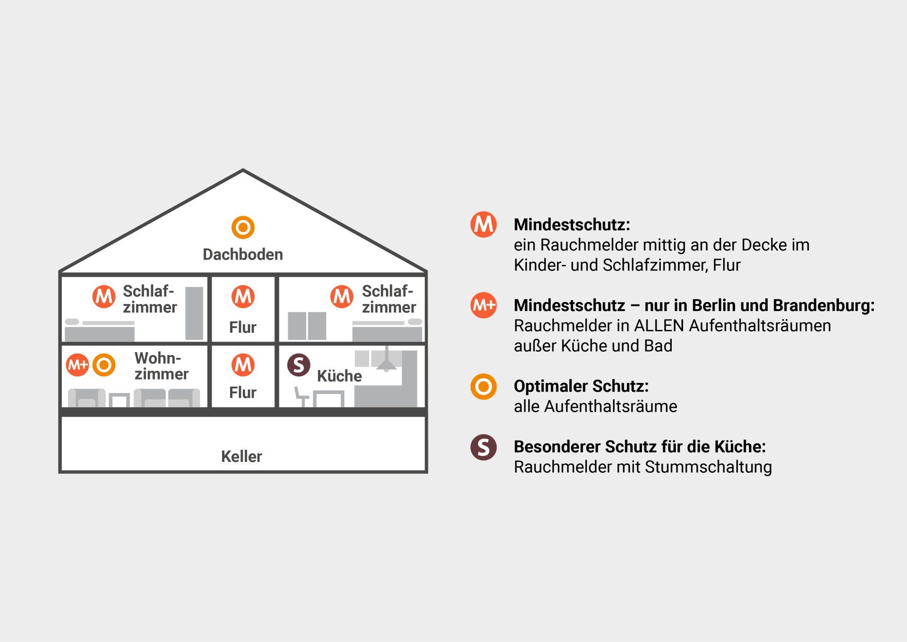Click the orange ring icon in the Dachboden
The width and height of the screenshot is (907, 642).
click(243, 227)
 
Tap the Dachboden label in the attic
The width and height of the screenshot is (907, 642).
click(243, 254)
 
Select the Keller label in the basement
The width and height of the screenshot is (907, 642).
click(241, 456)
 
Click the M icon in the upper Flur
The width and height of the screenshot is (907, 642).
click(243, 296)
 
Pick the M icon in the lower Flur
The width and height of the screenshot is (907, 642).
click(243, 364)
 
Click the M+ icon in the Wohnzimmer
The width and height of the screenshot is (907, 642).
click(77, 365)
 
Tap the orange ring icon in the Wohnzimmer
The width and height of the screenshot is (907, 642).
click(104, 365)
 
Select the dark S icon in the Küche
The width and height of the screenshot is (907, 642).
click(299, 365)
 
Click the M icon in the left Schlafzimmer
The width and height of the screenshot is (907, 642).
click(104, 296)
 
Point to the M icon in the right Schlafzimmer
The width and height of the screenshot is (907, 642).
click(342, 296)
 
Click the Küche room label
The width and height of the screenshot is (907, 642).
click(339, 376)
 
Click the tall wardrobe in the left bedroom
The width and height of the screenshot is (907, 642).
click(194, 313)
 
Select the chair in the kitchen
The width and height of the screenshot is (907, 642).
click(301, 397)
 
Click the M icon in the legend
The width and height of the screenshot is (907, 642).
click(483, 224)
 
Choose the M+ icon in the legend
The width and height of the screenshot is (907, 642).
click(483, 305)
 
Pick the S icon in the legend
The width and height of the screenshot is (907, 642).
click(483, 447)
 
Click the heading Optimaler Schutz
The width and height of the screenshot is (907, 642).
click(581, 386)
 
